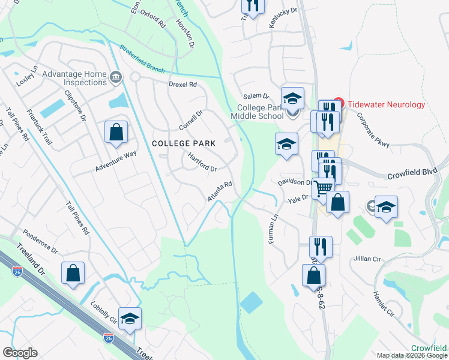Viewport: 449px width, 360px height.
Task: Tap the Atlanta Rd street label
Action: click(219, 192)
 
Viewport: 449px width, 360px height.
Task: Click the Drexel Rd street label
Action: click(182, 85)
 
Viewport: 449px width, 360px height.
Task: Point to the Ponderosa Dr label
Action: click(40, 241)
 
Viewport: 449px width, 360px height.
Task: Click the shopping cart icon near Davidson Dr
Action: click(324, 188)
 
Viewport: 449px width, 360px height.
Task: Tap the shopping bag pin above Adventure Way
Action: click(116, 133)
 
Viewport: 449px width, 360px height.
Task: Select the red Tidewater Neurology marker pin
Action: click(337, 104)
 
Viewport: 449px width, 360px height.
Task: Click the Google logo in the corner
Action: click(20, 353)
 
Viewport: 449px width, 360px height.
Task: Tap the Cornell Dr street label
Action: click(191, 121)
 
